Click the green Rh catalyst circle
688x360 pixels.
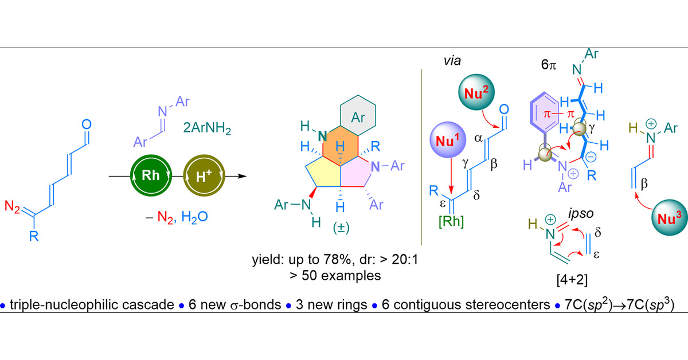coord(151,176)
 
